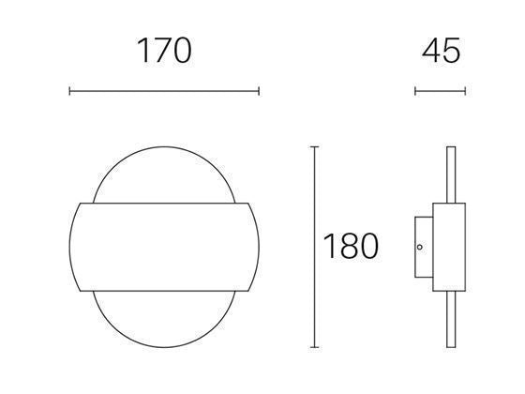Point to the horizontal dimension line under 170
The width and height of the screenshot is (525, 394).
click(x=164, y=91)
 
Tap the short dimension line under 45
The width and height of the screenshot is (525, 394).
click(x=440, y=91)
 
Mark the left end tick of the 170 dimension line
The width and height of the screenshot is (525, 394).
click(x=70, y=91)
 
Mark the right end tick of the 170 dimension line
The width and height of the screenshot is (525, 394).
click(x=259, y=91)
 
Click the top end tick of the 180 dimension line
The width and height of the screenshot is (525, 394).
click(x=314, y=148)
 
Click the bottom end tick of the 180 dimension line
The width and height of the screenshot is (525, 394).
click(x=314, y=347)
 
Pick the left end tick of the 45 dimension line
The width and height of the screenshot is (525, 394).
click(x=415, y=91)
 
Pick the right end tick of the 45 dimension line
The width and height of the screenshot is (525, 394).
click(x=465, y=91)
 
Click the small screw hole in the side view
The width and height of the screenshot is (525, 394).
click(x=421, y=248)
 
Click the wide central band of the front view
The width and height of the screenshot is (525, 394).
click(x=164, y=246)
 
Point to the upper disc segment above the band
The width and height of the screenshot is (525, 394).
click(x=164, y=174)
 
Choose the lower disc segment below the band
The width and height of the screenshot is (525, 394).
click(x=164, y=319)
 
